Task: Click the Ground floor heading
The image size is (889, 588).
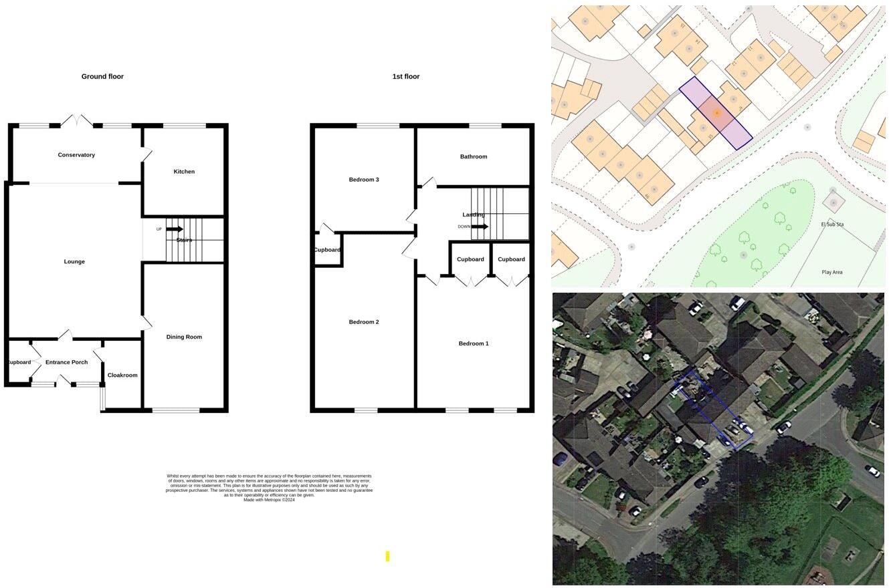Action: pyautogui.click(x=102, y=77)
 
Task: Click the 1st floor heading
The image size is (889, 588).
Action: pyautogui.click(x=406, y=77)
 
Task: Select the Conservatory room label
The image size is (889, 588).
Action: pyautogui.click(x=76, y=155)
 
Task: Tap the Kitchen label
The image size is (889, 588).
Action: pyautogui.click(x=184, y=172)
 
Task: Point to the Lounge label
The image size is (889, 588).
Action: pyautogui.click(x=74, y=262)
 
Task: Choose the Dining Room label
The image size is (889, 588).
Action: pyautogui.click(x=184, y=337)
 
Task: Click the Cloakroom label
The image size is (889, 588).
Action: pyautogui.click(x=122, y=376)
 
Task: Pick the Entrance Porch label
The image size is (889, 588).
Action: pyautogui.click(x=66, y=363)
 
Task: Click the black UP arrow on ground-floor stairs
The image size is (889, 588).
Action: pyautogui.click(x=175, y=229)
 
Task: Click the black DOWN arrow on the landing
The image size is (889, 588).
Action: pyautogui.click(x=480, y=227)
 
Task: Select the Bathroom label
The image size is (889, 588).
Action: pyautogui.click(x=474, y=157)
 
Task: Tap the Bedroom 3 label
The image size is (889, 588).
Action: pyautogui.click(x=364, y=180)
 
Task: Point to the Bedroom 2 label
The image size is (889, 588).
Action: pyautogui.click(x=364, y=322)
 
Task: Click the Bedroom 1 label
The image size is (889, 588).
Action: pyautogui.click(x=474, y=344)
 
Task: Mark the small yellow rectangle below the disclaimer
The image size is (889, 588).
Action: pyautogui.click(x=387, y=556)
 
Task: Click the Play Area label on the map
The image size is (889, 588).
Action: pyautogui.click(x=832, y=273)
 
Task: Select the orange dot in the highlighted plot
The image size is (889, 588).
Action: pyautogui.click(x=716, y=114)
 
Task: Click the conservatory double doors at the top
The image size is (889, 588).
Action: pyautogui.click(x=76, y=121)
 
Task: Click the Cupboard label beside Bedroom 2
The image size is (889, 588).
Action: pyautogui.click(x=327, y=250)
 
